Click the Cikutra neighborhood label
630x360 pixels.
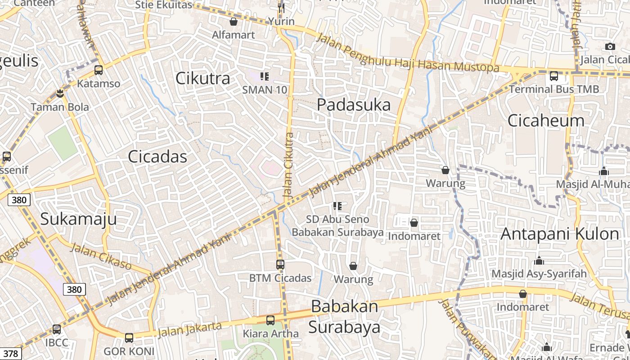[202, 78]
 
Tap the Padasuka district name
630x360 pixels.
[354, 105]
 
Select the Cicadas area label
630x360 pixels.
[157, 157]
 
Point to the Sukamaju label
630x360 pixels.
[78, 219]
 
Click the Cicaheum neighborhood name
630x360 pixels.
[546, 120]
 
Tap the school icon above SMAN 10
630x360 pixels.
[265, 76]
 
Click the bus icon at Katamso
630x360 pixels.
[99, 70]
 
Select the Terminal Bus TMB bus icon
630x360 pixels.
[554, 76]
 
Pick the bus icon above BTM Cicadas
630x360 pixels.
[280, 265]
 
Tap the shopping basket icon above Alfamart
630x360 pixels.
[234, 22]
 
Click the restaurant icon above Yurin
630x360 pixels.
[281, 8]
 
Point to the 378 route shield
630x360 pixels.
[10, 354]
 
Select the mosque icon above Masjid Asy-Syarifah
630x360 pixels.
[539, 261]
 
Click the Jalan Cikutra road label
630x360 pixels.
[289, 166]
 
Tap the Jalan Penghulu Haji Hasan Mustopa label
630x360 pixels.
[408, 53]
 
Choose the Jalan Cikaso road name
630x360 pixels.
[101, 256]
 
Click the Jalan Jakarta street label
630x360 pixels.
[190, 329]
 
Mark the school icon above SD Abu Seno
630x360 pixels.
[337, 206]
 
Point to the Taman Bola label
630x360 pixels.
[60, 107]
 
